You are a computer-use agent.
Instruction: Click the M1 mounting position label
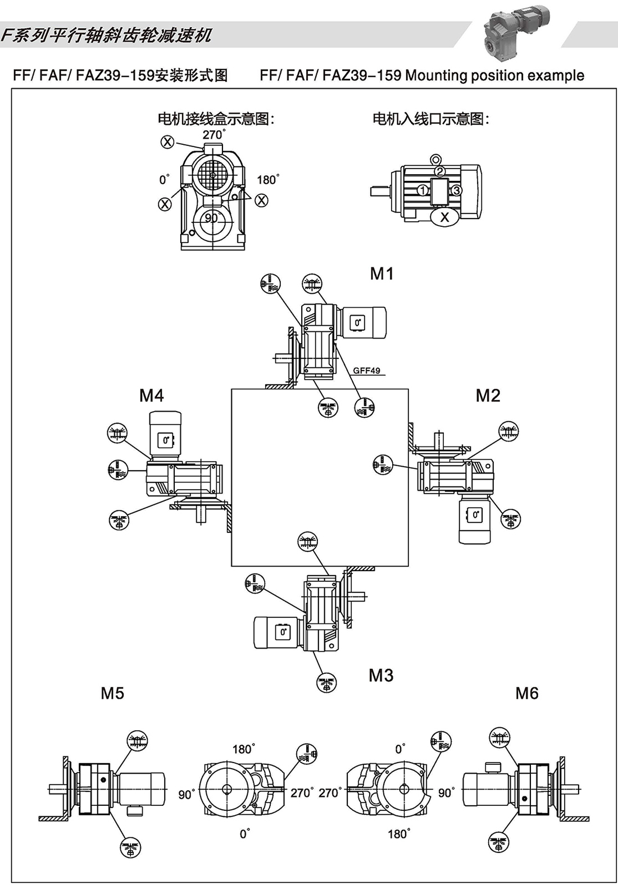click(381, 274)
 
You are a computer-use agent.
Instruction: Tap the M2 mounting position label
click(488, 396)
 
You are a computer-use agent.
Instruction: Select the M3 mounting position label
click(381, 676)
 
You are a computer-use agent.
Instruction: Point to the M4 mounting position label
click(151, 396)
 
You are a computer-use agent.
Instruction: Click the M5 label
click(112, 694)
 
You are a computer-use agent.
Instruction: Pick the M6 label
click(527, 694)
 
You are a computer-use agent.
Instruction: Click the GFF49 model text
click(366, 371)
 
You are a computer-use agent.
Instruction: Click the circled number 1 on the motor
click(422, 191)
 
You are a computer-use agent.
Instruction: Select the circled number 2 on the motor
click(440, 171)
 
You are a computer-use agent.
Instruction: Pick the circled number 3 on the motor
click(457, 190)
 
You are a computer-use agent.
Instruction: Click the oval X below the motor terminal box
click(444, 217)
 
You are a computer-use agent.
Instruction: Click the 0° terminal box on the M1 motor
click(357, 323)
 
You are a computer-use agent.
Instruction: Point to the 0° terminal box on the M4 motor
click(165, 440)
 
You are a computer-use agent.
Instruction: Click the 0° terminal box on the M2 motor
click(475, 514)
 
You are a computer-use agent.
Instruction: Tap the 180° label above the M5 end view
click(243, 749)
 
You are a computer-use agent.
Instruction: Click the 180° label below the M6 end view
click(398, 834)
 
